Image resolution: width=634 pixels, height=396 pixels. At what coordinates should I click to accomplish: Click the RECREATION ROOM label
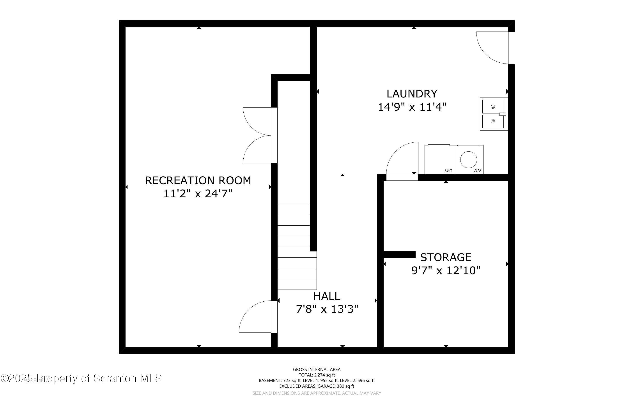coord(198,180)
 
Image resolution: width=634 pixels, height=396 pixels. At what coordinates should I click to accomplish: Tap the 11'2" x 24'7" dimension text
coord(198,194)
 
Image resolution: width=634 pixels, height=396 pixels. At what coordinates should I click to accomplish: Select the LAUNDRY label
coord(412,94)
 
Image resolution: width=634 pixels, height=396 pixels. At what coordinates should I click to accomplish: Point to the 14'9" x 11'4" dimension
coord(412,107)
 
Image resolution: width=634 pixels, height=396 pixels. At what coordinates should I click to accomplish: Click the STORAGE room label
coord(446,257)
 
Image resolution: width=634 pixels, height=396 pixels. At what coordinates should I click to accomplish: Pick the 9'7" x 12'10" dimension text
coord(446,270)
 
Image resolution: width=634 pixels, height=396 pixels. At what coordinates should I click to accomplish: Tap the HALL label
coord(327,296)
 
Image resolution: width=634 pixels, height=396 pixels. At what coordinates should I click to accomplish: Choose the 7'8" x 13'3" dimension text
coord(327,309)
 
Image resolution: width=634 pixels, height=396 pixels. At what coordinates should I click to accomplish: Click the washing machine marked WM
coord(469,159)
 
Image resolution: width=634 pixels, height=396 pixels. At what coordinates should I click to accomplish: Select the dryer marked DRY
coord(439,159)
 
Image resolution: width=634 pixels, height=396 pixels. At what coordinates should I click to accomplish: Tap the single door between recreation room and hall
coord(258,317)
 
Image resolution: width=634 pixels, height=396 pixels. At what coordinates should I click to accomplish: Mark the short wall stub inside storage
coord(399,254)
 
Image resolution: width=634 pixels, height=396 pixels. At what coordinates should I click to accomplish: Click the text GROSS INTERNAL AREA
coord(317,369)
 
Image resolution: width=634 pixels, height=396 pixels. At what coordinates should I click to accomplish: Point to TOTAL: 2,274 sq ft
coord(317,375)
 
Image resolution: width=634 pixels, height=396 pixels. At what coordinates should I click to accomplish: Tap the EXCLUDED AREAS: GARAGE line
coord(317,386)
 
